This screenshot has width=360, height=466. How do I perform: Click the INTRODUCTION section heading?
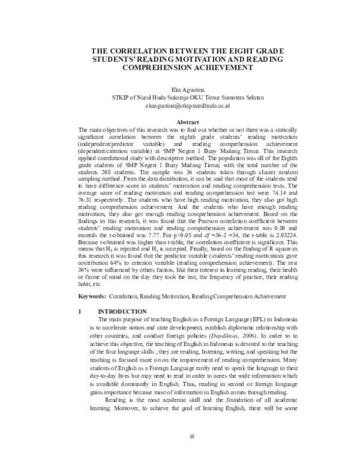point(122,312)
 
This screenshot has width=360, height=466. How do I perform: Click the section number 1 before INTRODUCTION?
point(80,312)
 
